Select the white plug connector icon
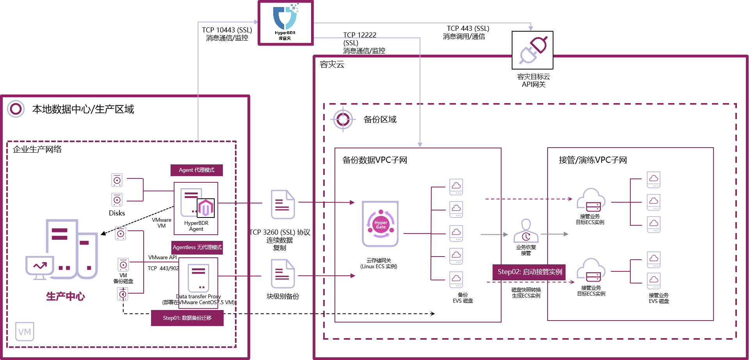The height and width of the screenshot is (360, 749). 532,50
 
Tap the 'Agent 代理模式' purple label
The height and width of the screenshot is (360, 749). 197,170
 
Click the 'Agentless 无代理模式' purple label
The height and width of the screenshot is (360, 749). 197,248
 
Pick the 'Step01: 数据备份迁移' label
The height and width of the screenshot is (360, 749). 187,318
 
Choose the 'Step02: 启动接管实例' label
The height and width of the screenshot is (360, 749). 530,272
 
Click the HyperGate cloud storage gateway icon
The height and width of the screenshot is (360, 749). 380,224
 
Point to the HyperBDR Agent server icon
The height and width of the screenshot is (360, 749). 196,203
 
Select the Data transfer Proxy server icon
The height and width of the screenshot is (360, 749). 198,278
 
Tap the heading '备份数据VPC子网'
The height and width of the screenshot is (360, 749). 375,160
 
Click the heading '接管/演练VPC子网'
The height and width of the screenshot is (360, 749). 592,160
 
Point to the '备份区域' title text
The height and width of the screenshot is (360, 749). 380,119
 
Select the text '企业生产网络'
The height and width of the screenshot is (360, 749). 37,149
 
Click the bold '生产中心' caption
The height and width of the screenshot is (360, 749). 66,296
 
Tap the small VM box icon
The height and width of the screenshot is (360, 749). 25,331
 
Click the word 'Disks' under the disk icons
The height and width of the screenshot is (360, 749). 117,213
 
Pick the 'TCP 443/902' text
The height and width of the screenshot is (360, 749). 163,268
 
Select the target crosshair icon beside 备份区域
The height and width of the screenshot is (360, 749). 343,119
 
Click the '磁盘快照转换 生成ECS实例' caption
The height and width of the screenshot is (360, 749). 526,292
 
